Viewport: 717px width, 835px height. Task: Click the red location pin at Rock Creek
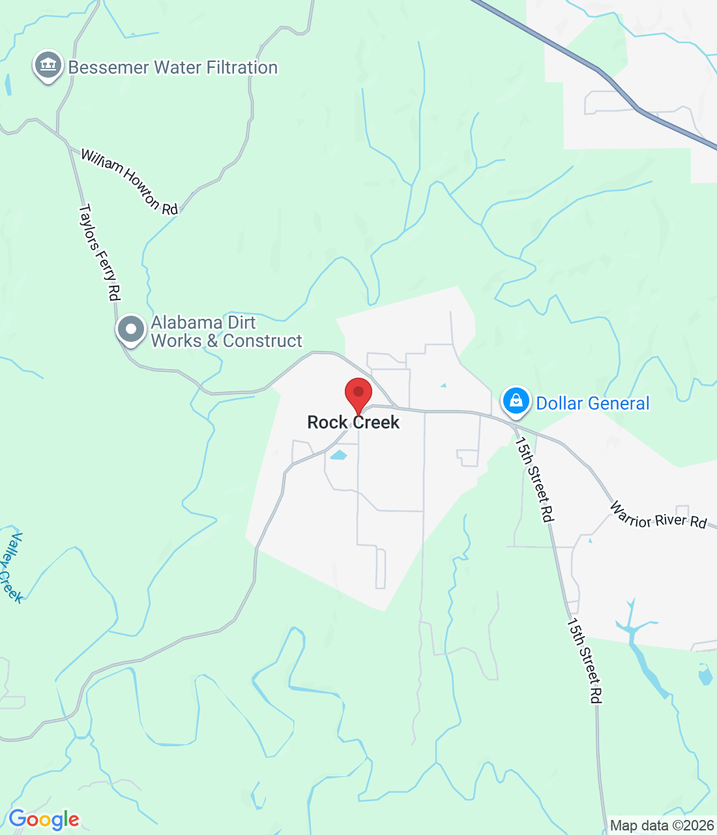click(358, 394)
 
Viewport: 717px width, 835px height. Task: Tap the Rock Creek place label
click(353, 423)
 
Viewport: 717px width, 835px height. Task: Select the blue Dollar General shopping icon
click(516, 401)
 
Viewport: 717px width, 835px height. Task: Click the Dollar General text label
click(593, 404)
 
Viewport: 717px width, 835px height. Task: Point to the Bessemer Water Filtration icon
click(48, 66)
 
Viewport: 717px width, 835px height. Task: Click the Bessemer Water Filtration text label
click(173, 68)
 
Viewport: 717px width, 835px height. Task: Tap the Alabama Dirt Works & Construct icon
click(131, 329)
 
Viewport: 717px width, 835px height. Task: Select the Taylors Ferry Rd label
click(100, 252)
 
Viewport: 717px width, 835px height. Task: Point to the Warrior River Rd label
click(658, 515)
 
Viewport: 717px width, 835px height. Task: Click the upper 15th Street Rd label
click(534, 479)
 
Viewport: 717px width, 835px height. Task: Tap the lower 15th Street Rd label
click(583, 661)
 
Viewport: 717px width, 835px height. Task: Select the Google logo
click(44, 819)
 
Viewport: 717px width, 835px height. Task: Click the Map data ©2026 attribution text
click(662, 826)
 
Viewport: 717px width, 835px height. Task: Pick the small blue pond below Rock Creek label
click(338, 455)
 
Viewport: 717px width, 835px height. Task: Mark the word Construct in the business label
click(263, 341)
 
